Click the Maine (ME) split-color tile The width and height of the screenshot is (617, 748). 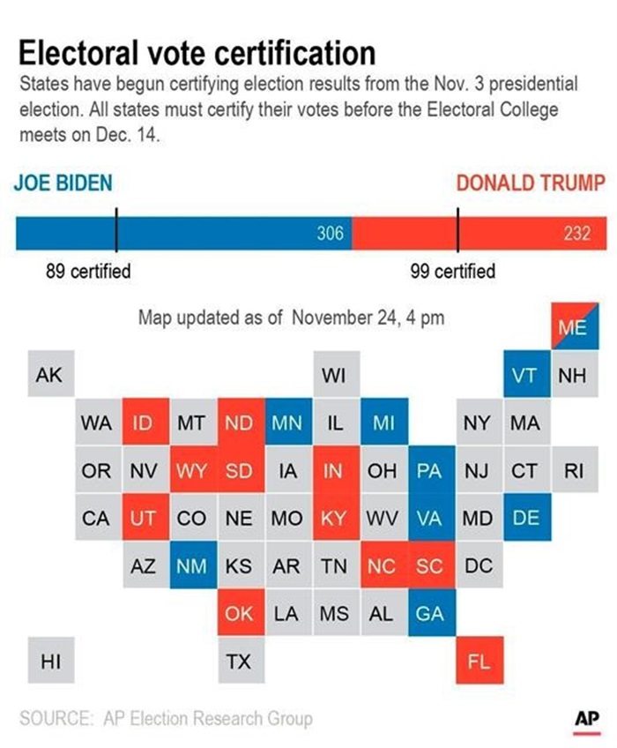click(x=573, y=327)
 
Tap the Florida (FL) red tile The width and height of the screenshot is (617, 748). click(x=478, y=661)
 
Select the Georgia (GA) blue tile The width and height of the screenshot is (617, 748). click(x=429, y=613)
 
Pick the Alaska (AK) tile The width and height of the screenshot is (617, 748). click(x=49, y=375)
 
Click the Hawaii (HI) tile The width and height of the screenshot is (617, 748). click(x=50, y=661)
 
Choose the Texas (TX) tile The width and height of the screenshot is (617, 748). click(x=239, y=661)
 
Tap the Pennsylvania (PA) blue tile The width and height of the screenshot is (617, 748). click(x=429, y=470)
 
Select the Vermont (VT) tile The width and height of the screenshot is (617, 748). click(x=524, y=375)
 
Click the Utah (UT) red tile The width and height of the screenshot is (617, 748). click(x=144, y=518)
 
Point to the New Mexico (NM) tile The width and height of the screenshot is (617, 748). click(x=191, y=565)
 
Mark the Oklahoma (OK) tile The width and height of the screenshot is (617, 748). click(x=239, y=613)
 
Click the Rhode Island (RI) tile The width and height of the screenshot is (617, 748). click(x=573, y=470)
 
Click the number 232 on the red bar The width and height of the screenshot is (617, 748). click(x=579, y=233)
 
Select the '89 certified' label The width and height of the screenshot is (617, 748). click(x=88, y=271)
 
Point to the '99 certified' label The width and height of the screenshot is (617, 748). click(x=453, y=271)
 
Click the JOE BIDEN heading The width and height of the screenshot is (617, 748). click(x=63, y=183)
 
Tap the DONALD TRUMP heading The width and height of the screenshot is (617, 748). click(x=531, y=183)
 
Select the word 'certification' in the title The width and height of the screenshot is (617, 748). click(x=287, y=54)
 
